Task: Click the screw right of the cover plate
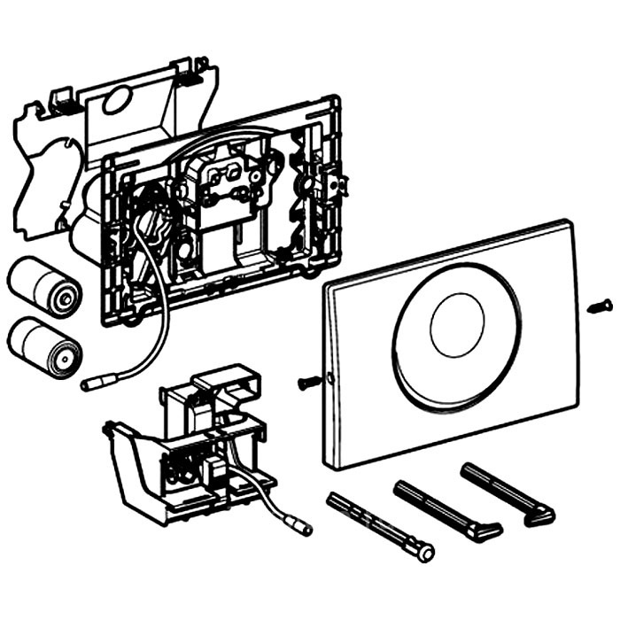(599, 306)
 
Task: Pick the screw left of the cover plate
(308, 382)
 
